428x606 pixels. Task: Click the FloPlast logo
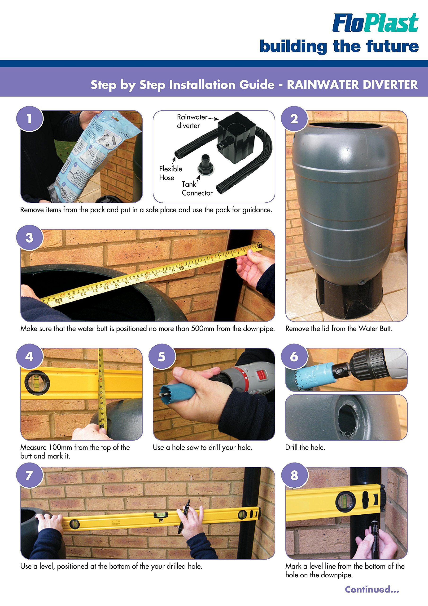(375, 23)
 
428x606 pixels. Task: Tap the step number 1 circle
(30, 119)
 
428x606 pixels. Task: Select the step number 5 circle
(162, 356)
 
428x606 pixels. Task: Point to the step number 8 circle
(294, 476)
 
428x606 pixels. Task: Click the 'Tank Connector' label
(197, 188)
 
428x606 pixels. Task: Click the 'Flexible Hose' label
(171, 173)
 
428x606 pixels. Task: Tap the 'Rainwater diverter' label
(192, 121)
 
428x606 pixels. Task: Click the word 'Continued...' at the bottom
(372, 589)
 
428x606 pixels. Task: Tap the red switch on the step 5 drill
(262, 375)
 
